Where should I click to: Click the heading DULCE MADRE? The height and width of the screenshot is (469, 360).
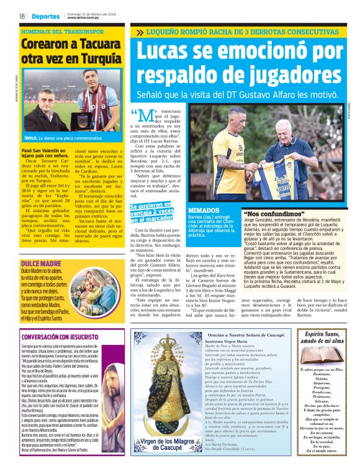click(40, 246)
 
